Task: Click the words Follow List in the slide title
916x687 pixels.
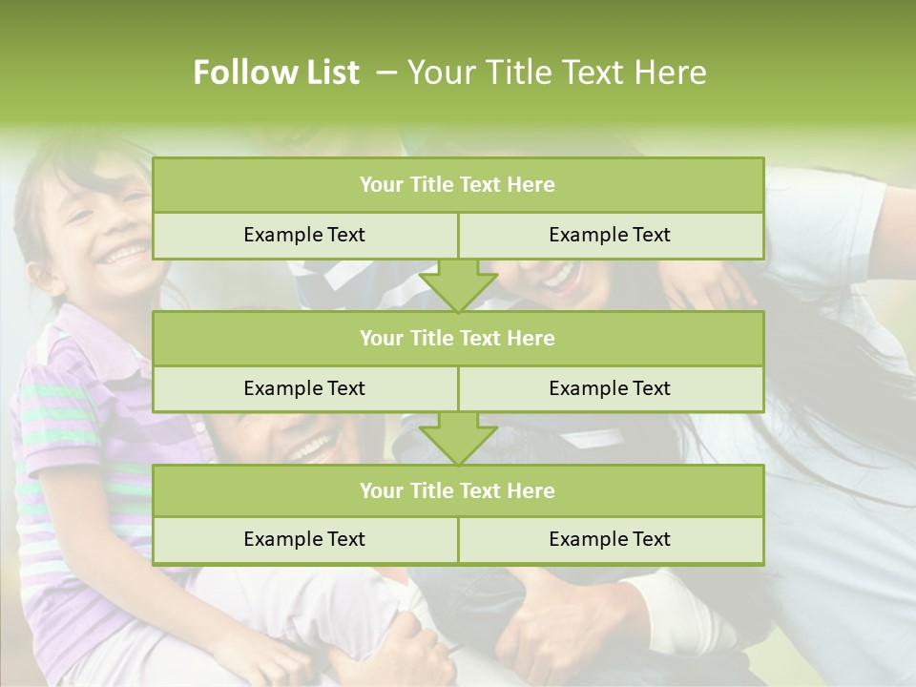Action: [x=277, y=73]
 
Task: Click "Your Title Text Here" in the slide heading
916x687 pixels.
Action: [x=557, y=73]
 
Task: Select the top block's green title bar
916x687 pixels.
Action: [x=458, y=185]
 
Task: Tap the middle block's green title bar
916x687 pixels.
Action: [x=458, y=338]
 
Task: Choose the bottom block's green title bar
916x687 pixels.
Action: [x=458, y=490]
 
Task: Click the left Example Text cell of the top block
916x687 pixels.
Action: [x=304, y=235]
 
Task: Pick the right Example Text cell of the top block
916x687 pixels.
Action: [x=610, y=235]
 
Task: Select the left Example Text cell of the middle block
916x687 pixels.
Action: [x=304, y=388]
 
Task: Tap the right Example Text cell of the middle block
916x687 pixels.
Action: [x=610, y=388]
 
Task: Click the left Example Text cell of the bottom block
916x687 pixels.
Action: [x=304, y=539]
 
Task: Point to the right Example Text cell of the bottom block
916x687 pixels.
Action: [x=610, y=539]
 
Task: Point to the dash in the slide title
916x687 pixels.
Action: [x=386, y=73]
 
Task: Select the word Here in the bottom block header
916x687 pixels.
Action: [x=531, y=490]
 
